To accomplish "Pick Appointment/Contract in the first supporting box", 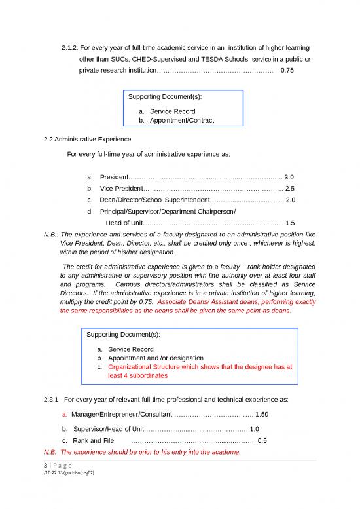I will (181, 121).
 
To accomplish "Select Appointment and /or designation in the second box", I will (156, 358).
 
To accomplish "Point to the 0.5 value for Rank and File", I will (262, 440).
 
